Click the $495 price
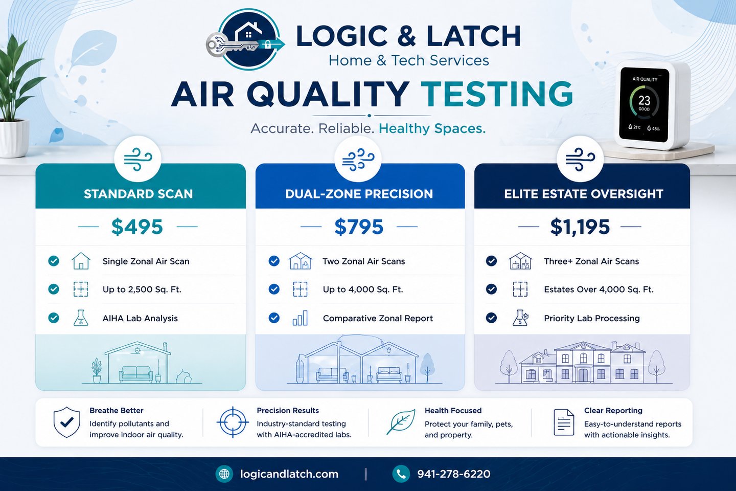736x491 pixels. pos(137,227)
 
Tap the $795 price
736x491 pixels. pos(359,227)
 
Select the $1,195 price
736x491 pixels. pos(580,227)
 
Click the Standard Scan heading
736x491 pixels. pos(138,194)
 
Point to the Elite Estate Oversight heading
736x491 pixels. pos(583,194)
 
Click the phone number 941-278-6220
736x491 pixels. pos(453,474)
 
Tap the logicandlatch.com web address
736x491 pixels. pos(289,474)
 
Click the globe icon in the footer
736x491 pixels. pos(224,474)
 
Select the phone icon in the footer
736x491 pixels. pos(401,474)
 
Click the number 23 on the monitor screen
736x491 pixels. pos(644,100)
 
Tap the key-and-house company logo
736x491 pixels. pos(247,40)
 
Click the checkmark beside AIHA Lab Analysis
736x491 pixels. pos(54,318)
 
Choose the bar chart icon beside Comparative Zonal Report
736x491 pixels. pos(300,318)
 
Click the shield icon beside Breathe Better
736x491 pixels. pos(67,422)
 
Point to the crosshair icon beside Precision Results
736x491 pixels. pos(233,422)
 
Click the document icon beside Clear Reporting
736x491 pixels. pos(564,422)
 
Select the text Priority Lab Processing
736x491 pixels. pos(591,318)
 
